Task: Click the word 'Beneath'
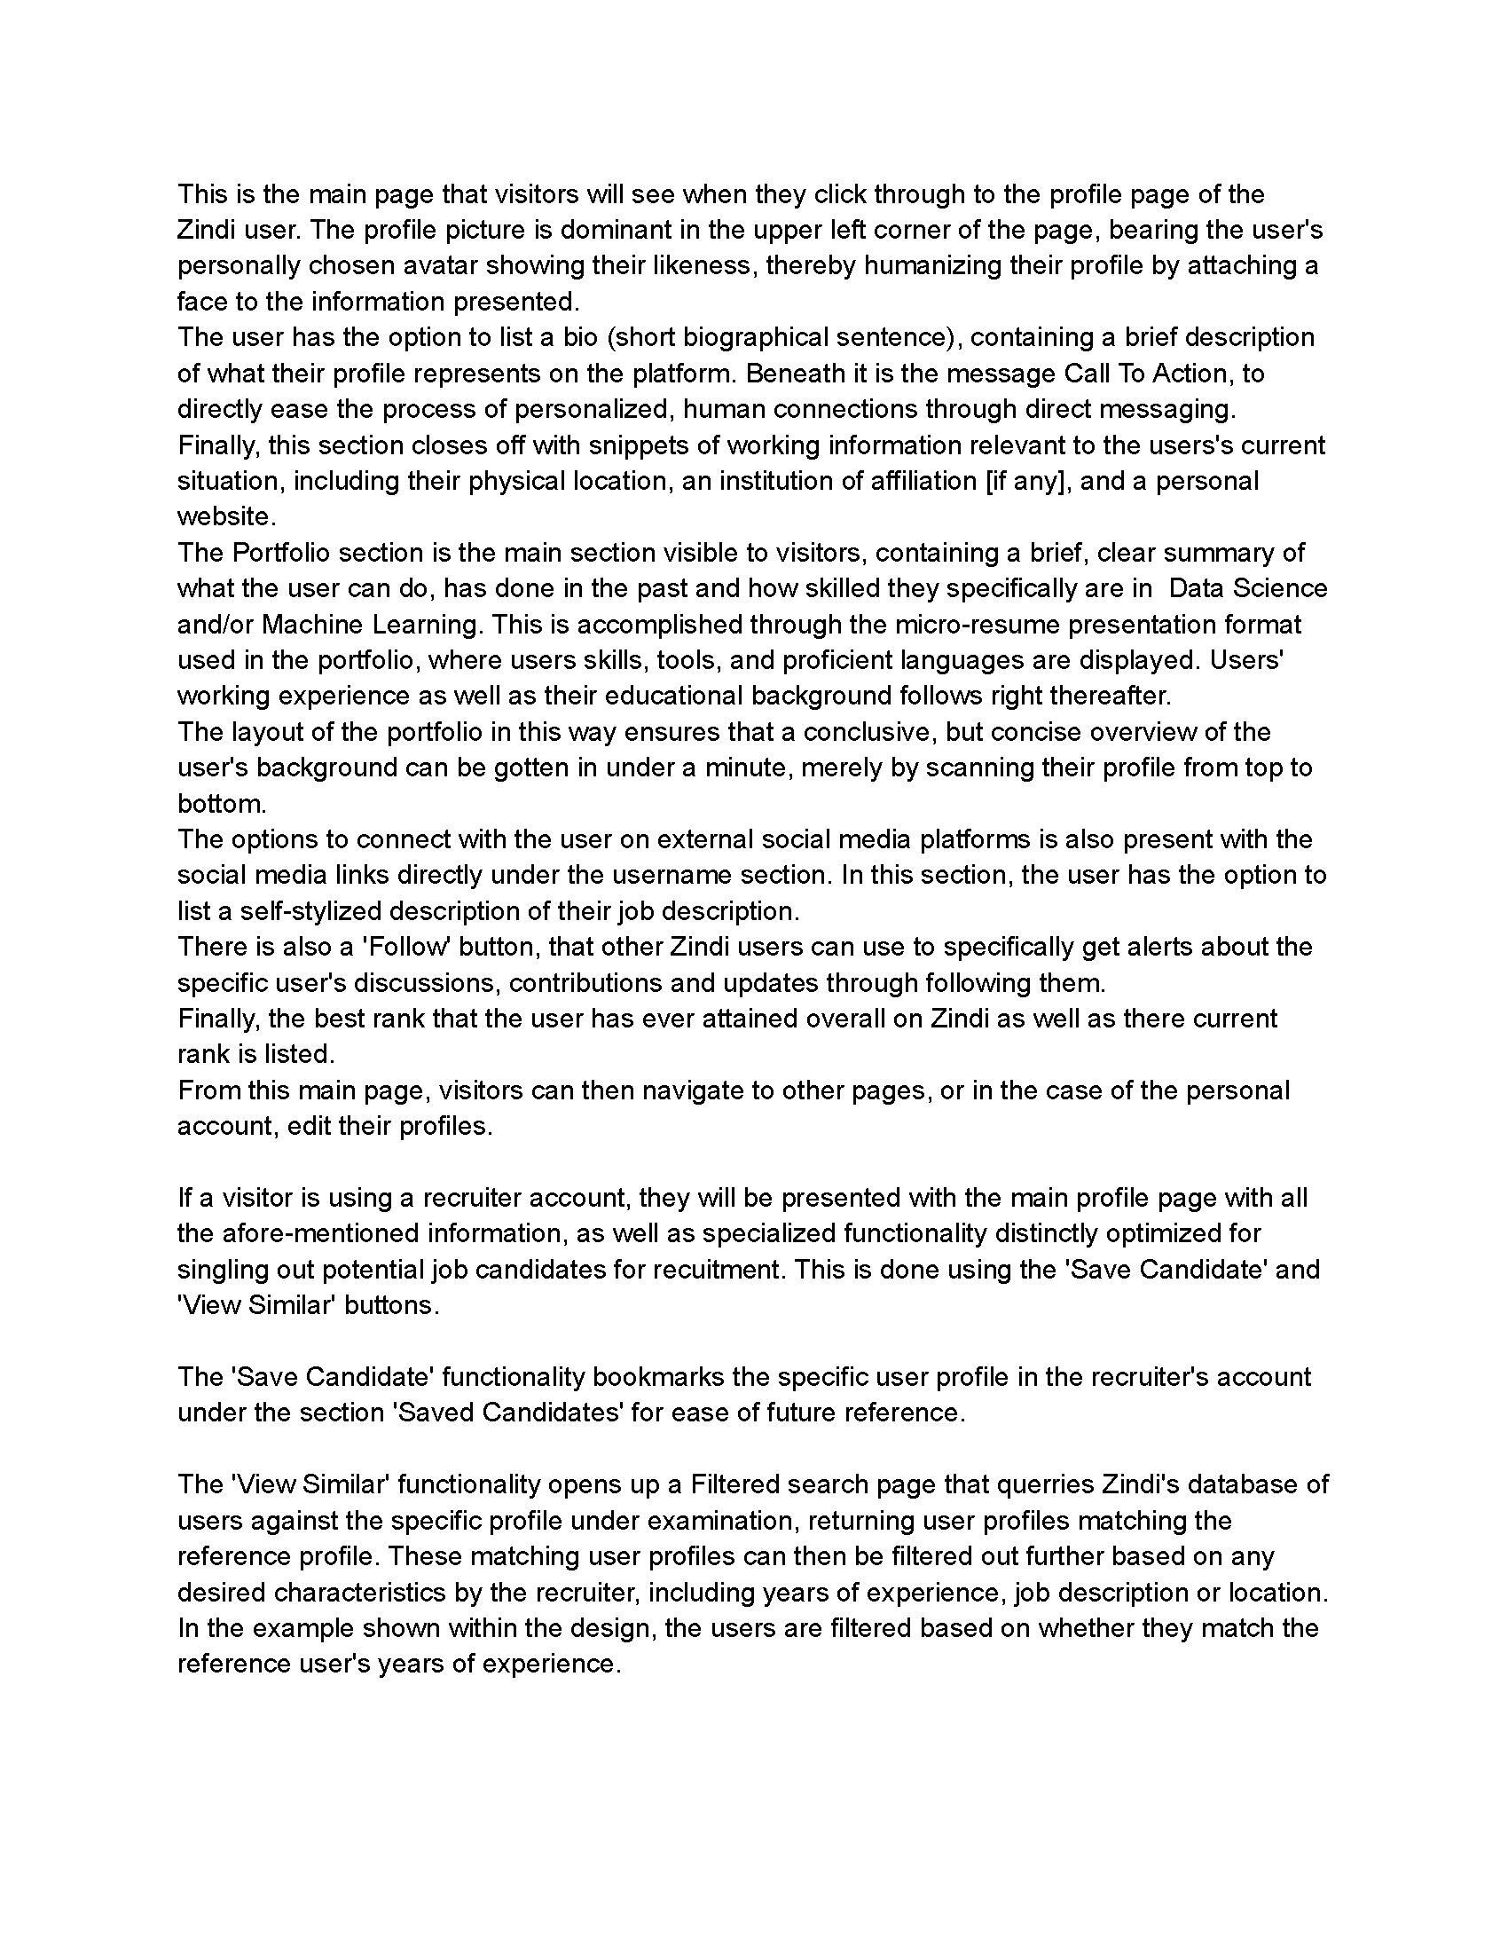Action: pyautogui.click(x=799, y=373)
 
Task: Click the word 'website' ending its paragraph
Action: pyautogui.click(x=223, y=516)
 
